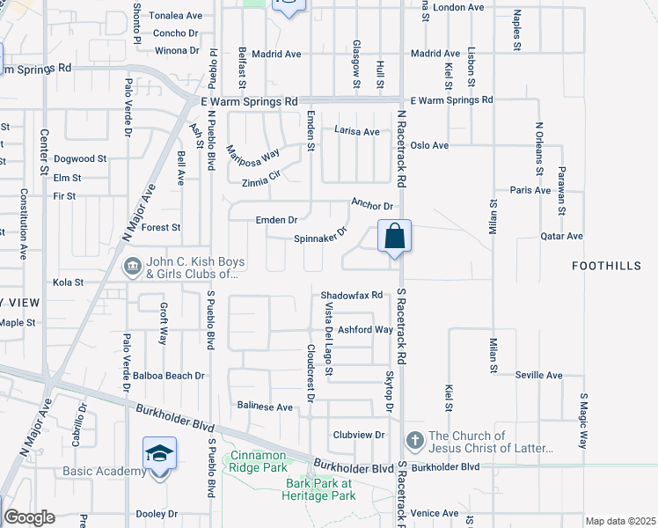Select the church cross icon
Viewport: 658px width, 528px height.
[414, 439]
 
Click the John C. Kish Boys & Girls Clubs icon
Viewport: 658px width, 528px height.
[132, 265]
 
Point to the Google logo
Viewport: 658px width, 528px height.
[29, 517]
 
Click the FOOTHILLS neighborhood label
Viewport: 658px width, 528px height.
[603, 265]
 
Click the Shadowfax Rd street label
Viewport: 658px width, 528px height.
[352, 296]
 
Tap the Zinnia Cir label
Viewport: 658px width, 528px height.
[266, 183]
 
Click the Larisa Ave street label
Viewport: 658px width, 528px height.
[356, 131]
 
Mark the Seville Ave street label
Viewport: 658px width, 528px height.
[539, 375]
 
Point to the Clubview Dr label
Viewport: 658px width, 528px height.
[359, 435]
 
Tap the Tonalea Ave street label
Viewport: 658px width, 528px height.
[175, 16]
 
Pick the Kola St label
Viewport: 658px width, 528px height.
[68, 282]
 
